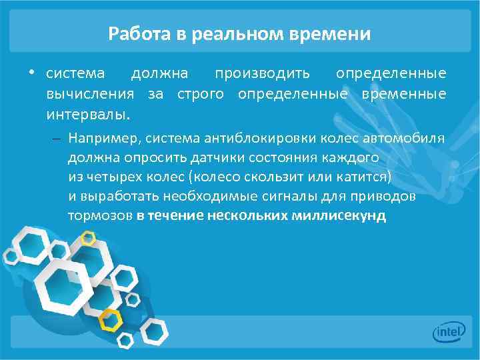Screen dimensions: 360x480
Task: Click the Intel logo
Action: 449,331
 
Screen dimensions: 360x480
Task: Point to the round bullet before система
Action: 31,72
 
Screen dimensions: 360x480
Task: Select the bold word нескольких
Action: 247,217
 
